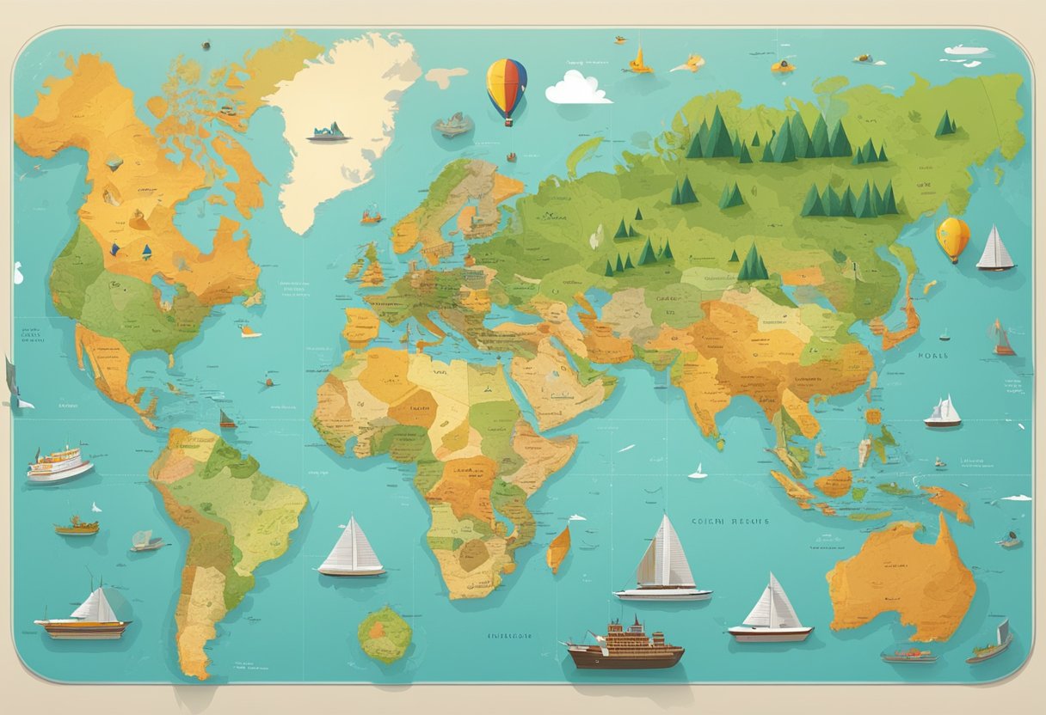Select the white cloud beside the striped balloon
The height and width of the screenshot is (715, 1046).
[x=577, y=88]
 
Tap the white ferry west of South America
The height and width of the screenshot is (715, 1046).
[x=58, y=464]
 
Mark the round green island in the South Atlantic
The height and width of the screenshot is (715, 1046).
[x=385, y=635]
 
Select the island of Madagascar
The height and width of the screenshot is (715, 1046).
[x=558, y=548]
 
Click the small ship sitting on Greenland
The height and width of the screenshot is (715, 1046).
[x=328, y=132]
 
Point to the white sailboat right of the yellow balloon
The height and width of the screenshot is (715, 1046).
[x=995, y=249]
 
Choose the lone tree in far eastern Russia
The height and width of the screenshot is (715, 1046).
[x=945, y=125]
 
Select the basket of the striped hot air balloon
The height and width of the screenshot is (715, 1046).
[x=509, y=123]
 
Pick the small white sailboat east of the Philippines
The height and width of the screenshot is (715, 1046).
[x=943, y=412]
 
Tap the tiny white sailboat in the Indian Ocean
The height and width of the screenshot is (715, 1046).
[x=699, y=471]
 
